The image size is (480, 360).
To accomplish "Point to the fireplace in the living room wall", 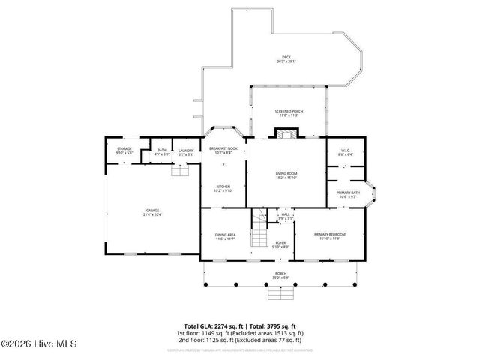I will point(285,134).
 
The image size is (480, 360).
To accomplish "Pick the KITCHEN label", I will point(223,188).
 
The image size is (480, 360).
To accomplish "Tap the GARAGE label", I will point(152,212).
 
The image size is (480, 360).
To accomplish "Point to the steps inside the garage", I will point(179,172).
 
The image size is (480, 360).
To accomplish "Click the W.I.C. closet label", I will point(346,152).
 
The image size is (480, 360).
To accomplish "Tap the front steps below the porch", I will point(280,292).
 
